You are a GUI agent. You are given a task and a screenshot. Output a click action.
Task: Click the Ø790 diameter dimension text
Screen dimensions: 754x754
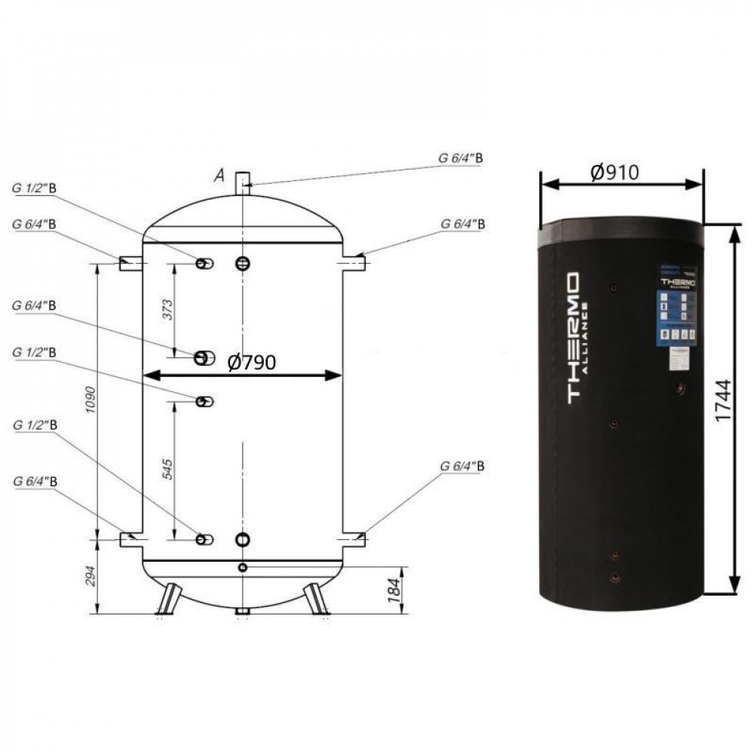pos(252,363)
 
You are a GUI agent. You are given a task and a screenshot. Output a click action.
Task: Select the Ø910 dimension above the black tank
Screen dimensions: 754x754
pos(615,173)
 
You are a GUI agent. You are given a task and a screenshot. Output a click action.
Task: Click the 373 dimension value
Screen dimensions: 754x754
pos(167,308)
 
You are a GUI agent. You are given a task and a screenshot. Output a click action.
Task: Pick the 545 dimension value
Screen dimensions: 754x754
pos(167,470)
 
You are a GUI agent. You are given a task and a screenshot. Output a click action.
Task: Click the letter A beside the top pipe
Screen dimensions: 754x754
pos(219,176)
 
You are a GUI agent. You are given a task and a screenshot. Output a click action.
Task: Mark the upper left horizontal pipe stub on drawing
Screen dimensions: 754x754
pos(130,262)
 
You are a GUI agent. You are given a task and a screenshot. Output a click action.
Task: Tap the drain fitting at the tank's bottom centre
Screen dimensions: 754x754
pos(241,611)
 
